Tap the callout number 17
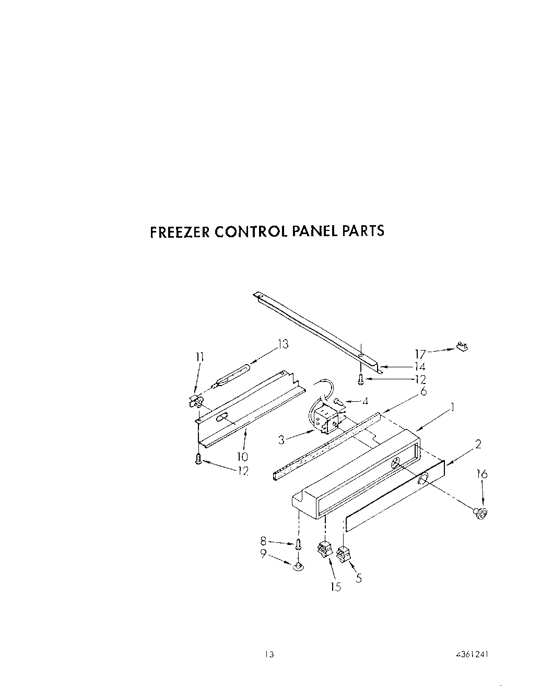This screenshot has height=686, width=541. [420, 354]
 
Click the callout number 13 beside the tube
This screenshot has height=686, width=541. [283, 344]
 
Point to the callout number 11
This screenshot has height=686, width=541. [199, 357]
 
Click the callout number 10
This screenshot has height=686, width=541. [242, 457]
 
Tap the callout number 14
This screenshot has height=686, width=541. [420, 367]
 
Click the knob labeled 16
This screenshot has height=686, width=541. [480, 514]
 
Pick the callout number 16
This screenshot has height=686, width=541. [482, 474]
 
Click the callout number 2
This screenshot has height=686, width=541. [477, 445]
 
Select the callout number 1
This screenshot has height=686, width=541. [453, 407]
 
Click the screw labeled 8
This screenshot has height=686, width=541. [298, 544]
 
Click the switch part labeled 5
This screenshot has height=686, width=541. [343, 553]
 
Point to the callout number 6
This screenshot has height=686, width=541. [423, 390]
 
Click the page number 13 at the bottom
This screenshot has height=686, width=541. [269, 654]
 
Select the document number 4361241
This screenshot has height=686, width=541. [472, 654]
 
